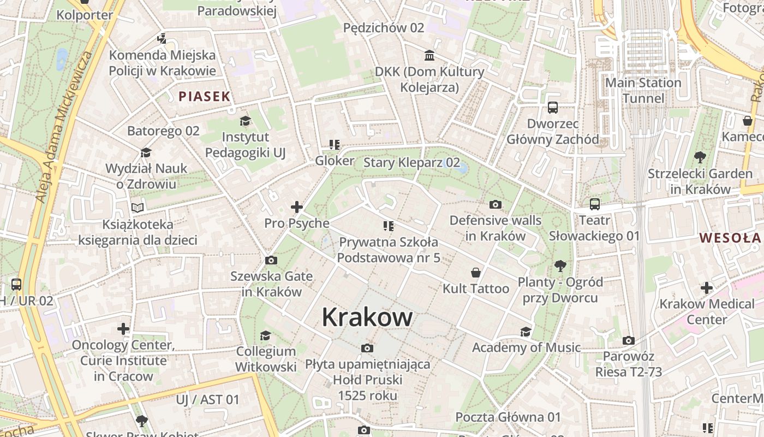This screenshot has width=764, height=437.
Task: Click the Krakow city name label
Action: tap(367, 317)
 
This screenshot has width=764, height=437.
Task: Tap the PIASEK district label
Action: tap(205, 97)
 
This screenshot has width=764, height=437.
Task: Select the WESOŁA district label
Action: tap(730, 238)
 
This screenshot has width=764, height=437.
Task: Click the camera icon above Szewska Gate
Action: tap(271, 260)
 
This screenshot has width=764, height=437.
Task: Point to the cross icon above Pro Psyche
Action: tap(297, 207)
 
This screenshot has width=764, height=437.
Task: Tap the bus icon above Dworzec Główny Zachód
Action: tap(553, 108)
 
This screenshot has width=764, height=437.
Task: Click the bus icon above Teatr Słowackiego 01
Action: tap(594, 204)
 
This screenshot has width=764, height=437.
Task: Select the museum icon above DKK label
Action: tap(429, 56)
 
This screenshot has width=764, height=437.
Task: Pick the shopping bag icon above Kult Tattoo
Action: tap(476, 273)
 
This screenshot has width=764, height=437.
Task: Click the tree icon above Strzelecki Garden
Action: tap(700, 158)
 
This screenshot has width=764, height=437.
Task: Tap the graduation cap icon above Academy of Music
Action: tap(526, 332)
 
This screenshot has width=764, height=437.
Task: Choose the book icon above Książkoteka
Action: tap(138, 208)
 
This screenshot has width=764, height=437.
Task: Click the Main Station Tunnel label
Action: tap(643, 91)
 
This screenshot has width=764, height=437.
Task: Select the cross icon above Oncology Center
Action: tap(123, 329)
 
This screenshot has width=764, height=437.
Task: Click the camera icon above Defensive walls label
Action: tap(496, 205)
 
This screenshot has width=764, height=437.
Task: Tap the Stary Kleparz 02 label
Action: tap(411, 163)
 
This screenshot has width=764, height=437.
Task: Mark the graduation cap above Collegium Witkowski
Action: tap(266, 335)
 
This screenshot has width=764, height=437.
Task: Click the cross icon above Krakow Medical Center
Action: tap(707, 288)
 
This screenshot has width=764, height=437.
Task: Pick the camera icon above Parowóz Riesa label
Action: tap(629, 341)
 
